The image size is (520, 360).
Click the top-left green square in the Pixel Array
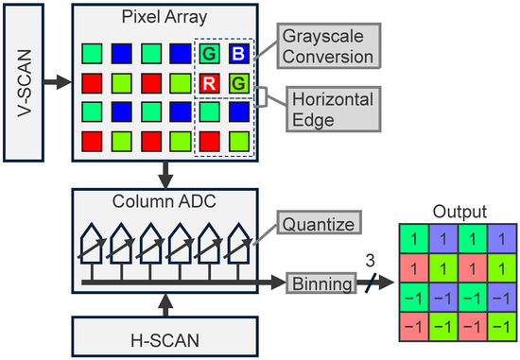click(x=91, y=54)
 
